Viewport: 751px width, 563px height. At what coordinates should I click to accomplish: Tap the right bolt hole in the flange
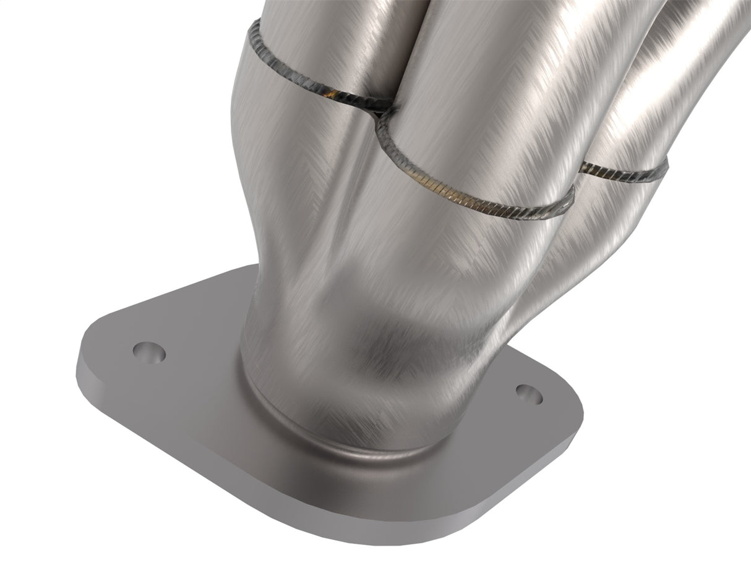pyautogui.click(x=528, y=392)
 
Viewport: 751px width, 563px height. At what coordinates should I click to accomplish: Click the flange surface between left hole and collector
pyautogui.click(x=198, y=365)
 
